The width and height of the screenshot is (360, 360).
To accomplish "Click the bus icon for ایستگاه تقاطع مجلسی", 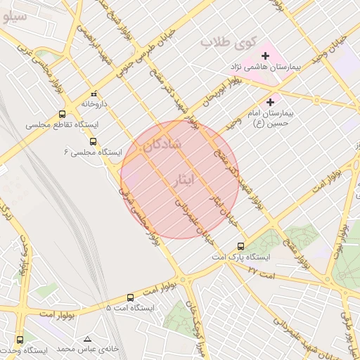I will [63, 114].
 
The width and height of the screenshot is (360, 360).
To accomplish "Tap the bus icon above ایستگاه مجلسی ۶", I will [94, 141].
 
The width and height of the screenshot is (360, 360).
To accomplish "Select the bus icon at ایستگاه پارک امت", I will [241, 246].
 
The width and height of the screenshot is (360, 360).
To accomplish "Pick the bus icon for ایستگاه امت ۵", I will [130, 297].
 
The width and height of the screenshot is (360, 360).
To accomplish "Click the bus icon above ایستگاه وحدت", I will [19, 340].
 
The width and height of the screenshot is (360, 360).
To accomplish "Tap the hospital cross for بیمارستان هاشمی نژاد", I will [266, 56].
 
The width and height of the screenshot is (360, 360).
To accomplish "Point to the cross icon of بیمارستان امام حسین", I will [270, 102].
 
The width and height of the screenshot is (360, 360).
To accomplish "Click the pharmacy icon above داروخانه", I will [94, 94].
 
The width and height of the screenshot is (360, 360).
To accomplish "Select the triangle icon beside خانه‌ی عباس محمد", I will [87, 339].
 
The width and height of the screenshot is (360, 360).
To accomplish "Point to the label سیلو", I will [13, 15].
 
